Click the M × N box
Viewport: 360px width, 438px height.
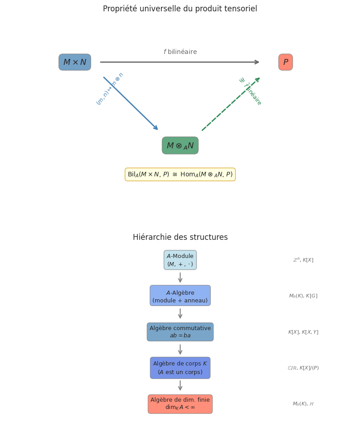click(x=75, y=62)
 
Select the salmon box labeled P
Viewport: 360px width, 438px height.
click(x=286, y=62)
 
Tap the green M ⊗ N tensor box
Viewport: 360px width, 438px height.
click(x=180, y=146)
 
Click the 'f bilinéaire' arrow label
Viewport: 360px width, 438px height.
click(x=180, y=52)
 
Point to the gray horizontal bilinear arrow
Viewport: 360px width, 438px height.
click(x=180, y=62)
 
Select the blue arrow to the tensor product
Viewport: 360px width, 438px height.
click(x=131, y=103)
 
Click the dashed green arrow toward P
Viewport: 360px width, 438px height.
click(x=231, y=104)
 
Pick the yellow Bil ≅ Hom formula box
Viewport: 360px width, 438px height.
click(x=180, y=175)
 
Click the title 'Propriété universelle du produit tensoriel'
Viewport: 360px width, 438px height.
click(x=180, y=9)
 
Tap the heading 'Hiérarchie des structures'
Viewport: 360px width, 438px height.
click(x=180, y=238)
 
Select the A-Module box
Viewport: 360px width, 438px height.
click(x=180, y=260)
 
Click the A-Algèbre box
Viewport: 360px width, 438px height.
click(x=180, y=296)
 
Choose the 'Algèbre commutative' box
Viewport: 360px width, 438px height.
click(x=180, y=332)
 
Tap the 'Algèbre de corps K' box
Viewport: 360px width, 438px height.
click(x=180, y=368)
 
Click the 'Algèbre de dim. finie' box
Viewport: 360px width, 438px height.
click(x=180, y=404)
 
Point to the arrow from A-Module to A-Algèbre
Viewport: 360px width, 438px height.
click(x=180, y=277)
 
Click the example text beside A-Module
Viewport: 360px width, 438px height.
click(x=303, y=260)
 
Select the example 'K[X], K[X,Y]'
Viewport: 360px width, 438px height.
click(x=303, y=332)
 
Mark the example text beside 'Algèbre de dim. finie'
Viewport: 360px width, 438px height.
click(x=303, y=404)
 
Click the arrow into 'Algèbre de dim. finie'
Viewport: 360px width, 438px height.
click(x=180, y=385)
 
